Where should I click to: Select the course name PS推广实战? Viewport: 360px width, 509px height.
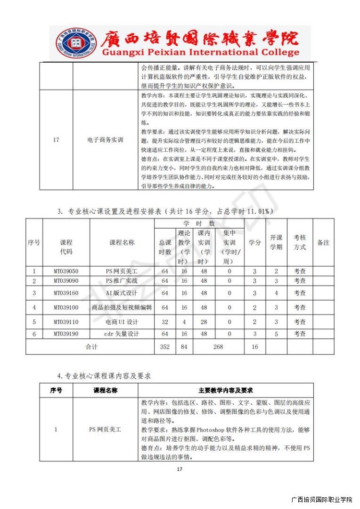[x=122, y=281]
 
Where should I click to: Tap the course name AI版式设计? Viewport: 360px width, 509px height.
[x=122, y=293]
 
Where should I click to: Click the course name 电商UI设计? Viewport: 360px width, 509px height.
[x=122, y=322]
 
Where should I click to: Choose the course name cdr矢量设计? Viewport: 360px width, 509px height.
[x=122, y=334]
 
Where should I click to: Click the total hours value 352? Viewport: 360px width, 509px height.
[x=164, y=347]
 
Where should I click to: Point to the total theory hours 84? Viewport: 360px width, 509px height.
[x=184, y=347]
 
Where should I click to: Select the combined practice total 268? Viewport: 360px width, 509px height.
[x=218, y=347]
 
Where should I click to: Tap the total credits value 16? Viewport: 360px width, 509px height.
[x=254, y=347]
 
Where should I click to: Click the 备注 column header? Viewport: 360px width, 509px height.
[x=323, y=243]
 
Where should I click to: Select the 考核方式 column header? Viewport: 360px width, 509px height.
[x=300, y=242]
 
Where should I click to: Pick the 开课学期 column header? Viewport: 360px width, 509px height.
[x=276, y=242]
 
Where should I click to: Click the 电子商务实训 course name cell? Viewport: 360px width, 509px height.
[x=105, y=140]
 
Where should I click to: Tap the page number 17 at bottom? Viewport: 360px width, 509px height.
[x=179, y=469]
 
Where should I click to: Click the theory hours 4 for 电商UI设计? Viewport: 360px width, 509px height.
[x=184, y=322]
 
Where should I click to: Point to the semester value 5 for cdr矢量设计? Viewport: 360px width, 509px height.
[x=276, y=334]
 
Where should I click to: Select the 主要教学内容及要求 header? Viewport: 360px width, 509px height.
[x=226, y=390]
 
